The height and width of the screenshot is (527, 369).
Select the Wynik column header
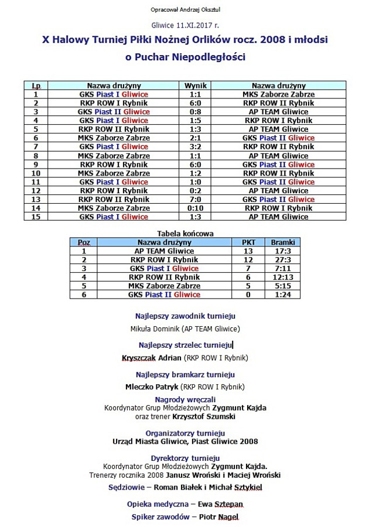[196, 85]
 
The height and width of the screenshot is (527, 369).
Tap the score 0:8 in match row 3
[196, 112]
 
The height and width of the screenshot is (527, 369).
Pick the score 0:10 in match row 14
[196, 208]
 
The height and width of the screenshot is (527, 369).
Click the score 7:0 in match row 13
[196, 200]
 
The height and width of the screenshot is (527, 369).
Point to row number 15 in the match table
[36, 217]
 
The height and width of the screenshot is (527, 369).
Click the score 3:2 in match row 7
[196, 147]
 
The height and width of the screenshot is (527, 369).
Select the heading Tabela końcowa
[185, 233]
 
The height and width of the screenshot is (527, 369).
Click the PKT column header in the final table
[248, 242]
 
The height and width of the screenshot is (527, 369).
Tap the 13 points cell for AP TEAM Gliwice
[248, 251]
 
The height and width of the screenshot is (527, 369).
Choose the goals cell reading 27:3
[282, 259]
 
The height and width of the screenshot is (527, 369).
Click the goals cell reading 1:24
[282, 295]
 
